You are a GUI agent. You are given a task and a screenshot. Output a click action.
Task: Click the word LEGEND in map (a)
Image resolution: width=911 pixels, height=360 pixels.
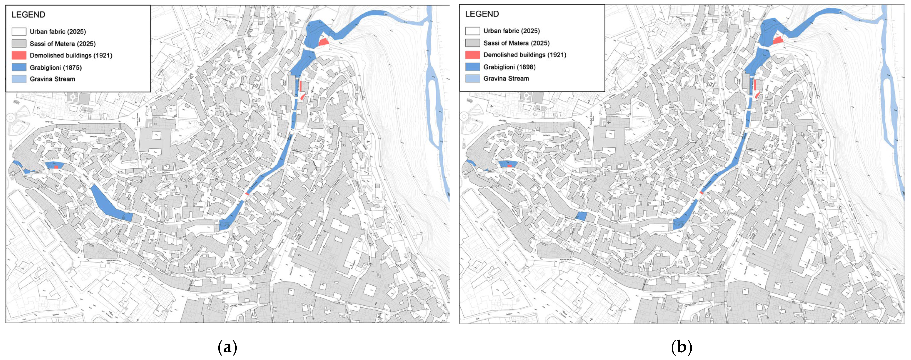pos(28,15)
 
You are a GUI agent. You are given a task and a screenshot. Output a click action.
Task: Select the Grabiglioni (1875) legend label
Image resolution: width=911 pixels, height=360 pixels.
pos(56,67)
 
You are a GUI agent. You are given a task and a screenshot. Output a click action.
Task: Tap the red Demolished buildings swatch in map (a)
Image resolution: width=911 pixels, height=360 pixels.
pos(19,55)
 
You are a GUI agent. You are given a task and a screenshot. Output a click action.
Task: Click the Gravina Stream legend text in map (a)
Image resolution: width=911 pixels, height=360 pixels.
pos(52,79)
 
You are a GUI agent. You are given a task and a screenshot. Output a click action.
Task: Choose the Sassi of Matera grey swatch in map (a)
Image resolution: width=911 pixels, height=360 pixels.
pos(19,44)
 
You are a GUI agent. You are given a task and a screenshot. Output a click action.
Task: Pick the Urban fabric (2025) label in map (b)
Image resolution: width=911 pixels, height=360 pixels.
pos(511,31)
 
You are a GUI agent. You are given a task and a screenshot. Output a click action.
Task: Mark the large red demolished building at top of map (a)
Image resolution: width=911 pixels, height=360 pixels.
pos(323,42)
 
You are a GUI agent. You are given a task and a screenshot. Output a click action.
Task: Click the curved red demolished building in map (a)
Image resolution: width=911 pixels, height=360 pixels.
pos(302,96)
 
